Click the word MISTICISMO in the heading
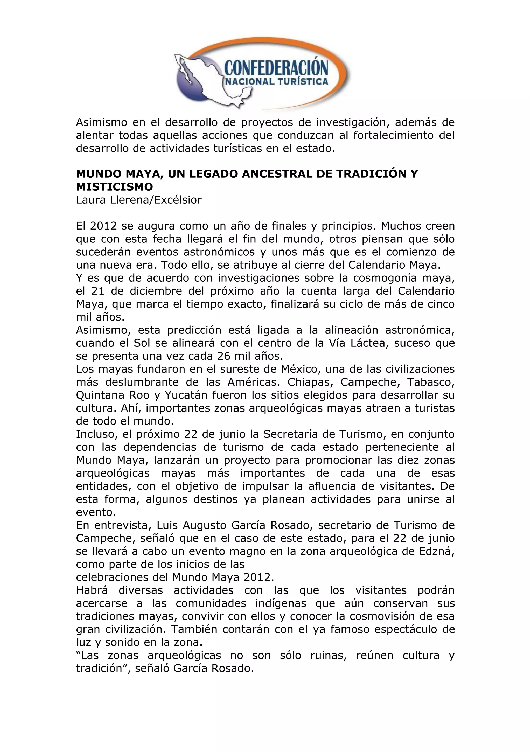click(x=114, y=187)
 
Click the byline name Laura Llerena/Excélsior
click(x=139, y=200)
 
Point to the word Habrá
click(x=93, y=590)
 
